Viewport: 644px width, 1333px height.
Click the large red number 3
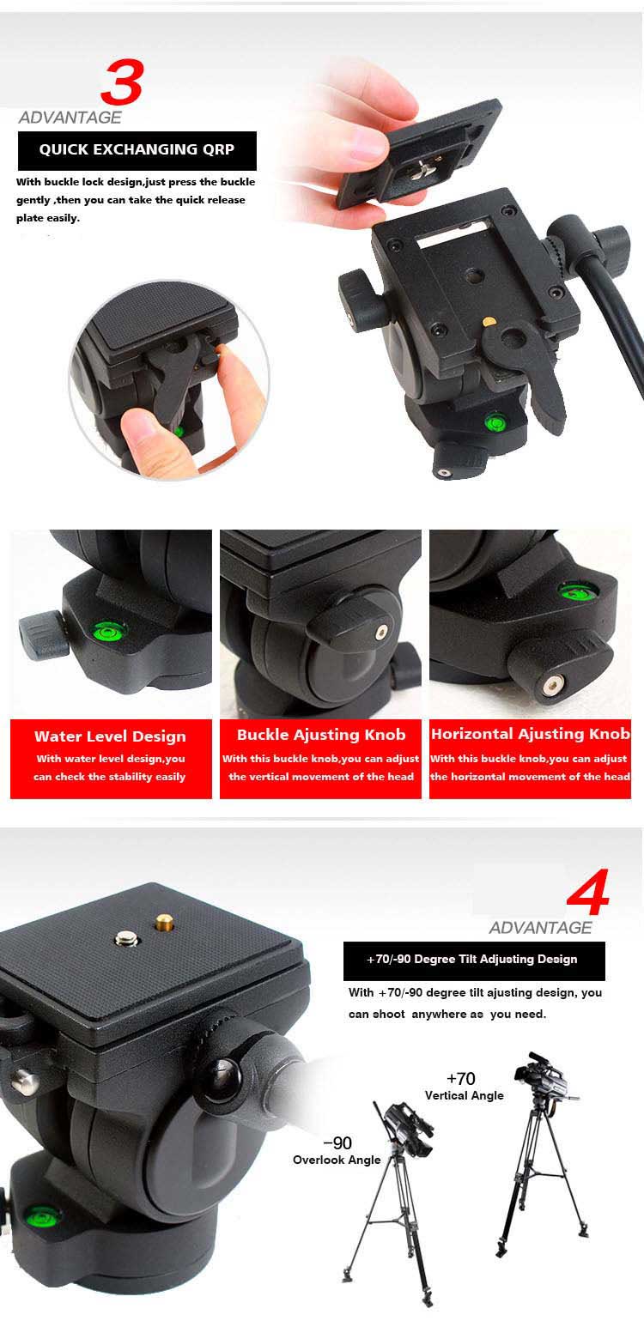click(122, 82)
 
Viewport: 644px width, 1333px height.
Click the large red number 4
click(587, 891)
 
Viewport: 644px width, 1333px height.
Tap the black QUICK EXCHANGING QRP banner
click(137, 150)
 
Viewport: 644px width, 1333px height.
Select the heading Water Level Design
click(110, 736)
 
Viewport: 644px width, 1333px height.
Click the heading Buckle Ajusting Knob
click(321, 735)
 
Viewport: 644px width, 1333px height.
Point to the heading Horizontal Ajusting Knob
click(531, 734)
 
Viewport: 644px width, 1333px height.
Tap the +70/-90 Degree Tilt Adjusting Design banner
click(474, 960)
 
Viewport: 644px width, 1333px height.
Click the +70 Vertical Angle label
click(464, 1086)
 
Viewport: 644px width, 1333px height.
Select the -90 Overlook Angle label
click(337, 1151)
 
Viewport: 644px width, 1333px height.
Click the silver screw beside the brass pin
click(126, 938)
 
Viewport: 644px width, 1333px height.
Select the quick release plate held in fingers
click(421, 155)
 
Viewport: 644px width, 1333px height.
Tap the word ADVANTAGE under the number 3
click(70, 118)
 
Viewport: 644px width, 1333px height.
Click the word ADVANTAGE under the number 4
click(540, 927)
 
